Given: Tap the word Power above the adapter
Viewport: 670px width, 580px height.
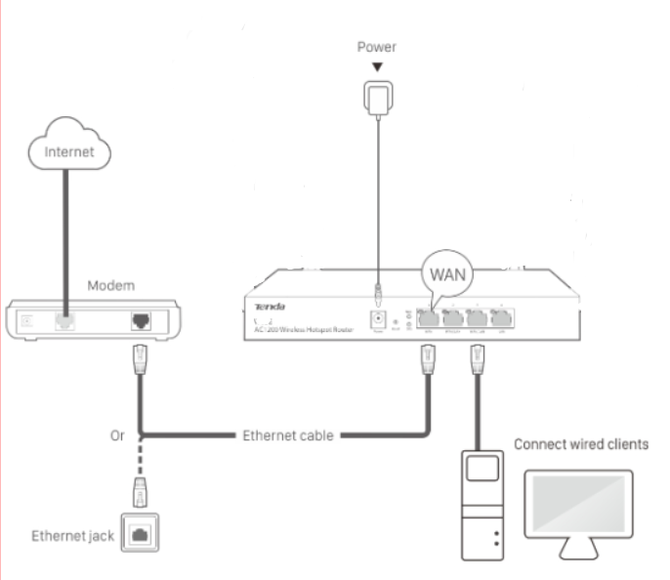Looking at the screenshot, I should coord(376,47).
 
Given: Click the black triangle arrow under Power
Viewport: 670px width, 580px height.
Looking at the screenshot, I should coord(376,67).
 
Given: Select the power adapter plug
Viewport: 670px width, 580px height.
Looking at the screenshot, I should coord(376,97).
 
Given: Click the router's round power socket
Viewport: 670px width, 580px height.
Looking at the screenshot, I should coord(376,318).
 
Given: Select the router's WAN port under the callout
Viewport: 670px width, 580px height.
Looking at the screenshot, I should coord(426,316).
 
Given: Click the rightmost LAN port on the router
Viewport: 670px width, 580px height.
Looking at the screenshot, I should coord(501,316).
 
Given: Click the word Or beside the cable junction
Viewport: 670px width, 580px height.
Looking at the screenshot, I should coord(119,435).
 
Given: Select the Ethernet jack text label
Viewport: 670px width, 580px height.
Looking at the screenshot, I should coord(71,536).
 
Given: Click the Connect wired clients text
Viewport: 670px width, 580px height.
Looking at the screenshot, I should coord(581,444).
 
